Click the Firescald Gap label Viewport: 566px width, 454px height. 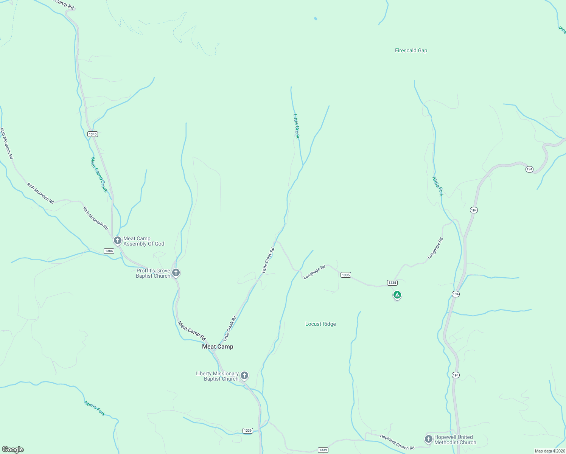click(x=411, y=50)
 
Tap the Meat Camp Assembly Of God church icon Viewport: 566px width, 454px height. click(x=118, y=240)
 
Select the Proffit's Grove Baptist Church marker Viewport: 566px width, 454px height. click(x=176, y=272)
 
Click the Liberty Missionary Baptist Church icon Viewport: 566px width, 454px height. click(x=244, y=375)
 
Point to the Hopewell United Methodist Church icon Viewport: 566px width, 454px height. click(x=428, y=439)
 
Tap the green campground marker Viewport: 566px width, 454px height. click(x=397, y=295)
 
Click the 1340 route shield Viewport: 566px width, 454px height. click(x=92, y=134)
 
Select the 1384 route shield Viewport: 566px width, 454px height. click(x=109, y=251)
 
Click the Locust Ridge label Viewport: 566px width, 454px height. click(x=320, y=324)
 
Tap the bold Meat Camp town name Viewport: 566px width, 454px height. click(x=218, y=347)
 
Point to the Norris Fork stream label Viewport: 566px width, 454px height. click(x=95, y=409)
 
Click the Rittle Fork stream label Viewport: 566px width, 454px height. click(x=438, y=187)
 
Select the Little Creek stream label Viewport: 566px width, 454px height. click(x=296, y=126)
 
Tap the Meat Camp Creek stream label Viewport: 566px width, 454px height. click(x=99, y=174)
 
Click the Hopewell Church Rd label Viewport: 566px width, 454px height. click(x=397, y=442)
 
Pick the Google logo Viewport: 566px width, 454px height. click(x=12, y=449)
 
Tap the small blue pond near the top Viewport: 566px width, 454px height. click(x=316, y=18)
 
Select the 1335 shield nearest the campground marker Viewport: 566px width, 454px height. click(x=392, y=283)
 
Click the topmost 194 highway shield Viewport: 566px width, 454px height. click(x=529, y=169)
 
